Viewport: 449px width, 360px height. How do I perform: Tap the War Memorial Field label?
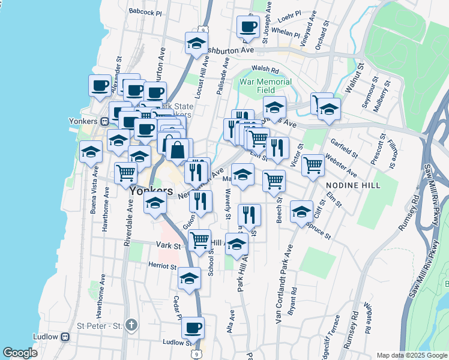click(x=266, y=86)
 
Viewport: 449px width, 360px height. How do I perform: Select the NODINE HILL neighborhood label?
click(x=353, y=186)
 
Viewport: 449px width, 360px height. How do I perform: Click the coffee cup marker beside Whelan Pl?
click(x=247, y=26)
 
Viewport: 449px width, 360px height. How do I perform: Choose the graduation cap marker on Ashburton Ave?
click(x=196, y=43)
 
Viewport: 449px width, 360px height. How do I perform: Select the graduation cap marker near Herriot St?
click(x=189, y=278)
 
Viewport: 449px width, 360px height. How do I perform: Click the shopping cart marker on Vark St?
click(x=199, y=241)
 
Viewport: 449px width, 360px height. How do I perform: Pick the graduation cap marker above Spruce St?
click(x=301, y=211)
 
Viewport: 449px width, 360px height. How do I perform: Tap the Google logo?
click(x=20, y=353)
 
